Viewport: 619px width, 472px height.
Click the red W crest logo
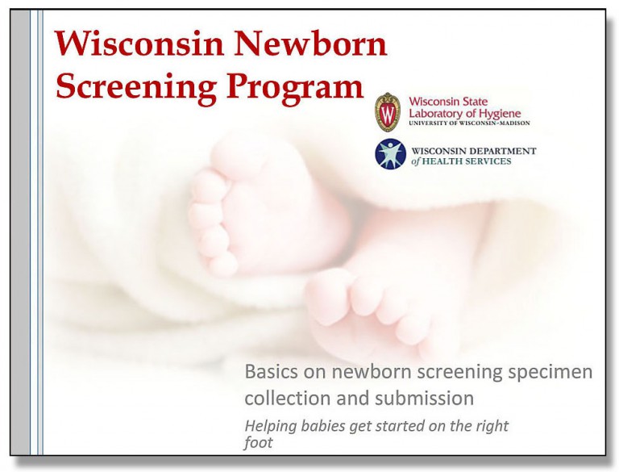(x=388, y=112)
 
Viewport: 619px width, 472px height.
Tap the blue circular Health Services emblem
(x=390, y=154)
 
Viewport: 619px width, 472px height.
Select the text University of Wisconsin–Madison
(x=471, y=126)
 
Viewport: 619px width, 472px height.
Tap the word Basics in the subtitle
(x=271, y=373)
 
